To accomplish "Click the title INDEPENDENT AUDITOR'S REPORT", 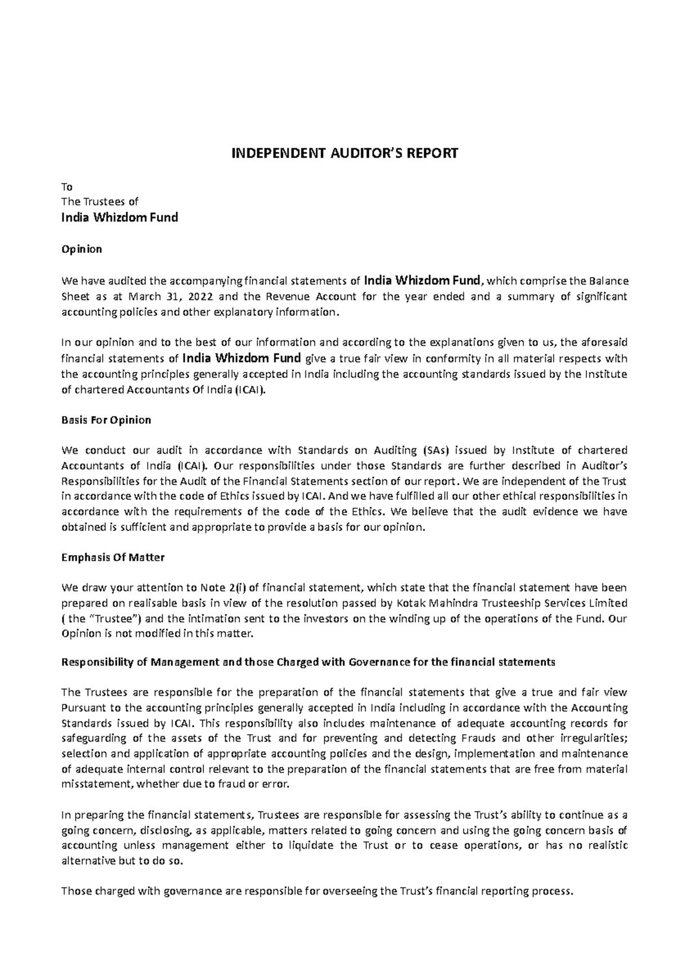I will click(338, 153).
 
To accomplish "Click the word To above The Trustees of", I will click(66, 187).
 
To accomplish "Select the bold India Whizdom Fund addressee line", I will click(119, 218).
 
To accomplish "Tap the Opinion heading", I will click(82, 249).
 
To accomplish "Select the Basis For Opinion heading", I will click(106, 420).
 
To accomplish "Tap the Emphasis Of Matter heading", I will click(113, 557).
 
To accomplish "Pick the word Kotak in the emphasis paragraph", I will click(412, 603).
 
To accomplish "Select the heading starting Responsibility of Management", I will click(308, 662).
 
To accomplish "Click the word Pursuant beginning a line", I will click(82, 708).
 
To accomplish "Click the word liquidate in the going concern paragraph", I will click(323, 846).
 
